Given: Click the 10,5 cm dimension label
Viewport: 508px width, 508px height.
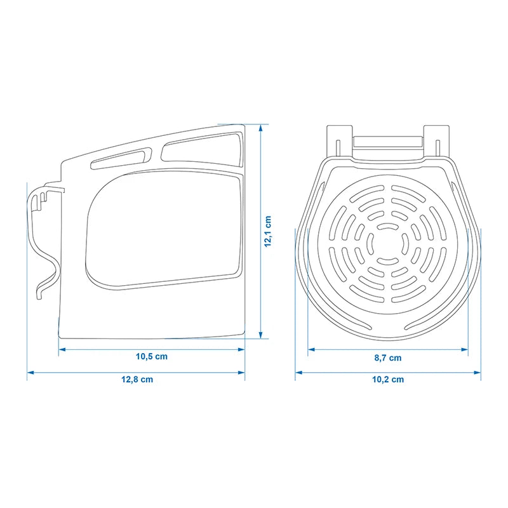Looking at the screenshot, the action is (x=152, y=357).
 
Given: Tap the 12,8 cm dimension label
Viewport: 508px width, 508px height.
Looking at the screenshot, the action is (x=137, y=379).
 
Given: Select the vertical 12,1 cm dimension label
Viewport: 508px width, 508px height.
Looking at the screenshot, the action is (x=268, y=231).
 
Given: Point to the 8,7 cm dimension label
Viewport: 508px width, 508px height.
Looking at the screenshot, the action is (x=388, y=358).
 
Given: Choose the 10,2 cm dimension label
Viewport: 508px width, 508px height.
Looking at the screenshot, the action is (x=388, y=379).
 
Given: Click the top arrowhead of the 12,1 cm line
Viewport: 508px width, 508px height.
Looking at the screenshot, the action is (x=260, y=128).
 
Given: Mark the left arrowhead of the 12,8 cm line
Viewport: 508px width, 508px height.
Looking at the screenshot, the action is (x=30, y=373).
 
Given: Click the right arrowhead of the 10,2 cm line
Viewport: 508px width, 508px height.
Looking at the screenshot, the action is (x=478, y=373).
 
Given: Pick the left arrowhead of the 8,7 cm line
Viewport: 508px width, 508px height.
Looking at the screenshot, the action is (x=312, y=349).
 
